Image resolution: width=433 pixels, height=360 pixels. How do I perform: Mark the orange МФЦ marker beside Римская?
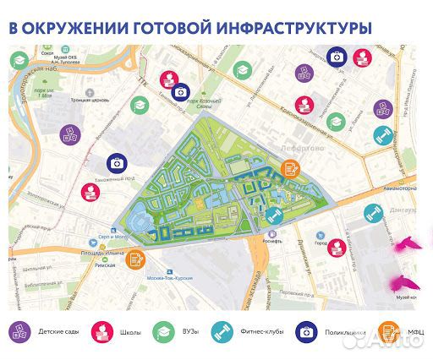(134, 259)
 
